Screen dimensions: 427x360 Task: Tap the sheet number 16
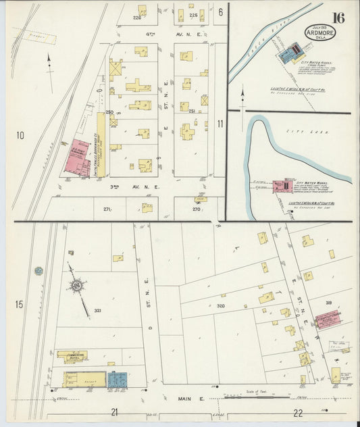tap(338, 18)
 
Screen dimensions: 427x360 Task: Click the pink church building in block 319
tap(328, 320)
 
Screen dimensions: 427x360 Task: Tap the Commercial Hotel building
tap(72, 355)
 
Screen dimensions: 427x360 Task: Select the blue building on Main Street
tap(117, 380)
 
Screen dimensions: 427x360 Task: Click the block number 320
tap(221, 306)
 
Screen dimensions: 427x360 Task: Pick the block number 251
tap(191, 111)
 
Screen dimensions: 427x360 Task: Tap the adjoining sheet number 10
tap(20, 136)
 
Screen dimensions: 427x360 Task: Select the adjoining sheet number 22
tap(298, 411)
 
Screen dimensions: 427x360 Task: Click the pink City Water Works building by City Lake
tap(282, 186)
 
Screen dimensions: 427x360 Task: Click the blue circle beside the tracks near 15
tap(39, 271)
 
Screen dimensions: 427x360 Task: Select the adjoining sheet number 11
tap(221, 124)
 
